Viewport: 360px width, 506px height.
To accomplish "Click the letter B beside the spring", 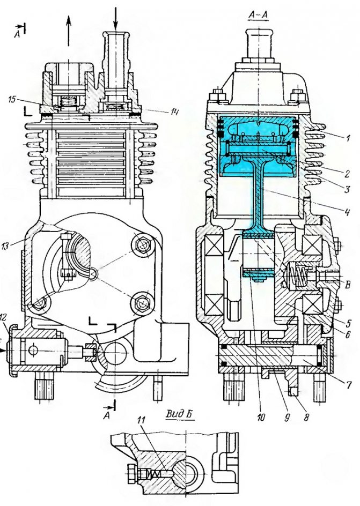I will [x=349, y=285].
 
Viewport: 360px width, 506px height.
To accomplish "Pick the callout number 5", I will [x=349, y=323].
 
